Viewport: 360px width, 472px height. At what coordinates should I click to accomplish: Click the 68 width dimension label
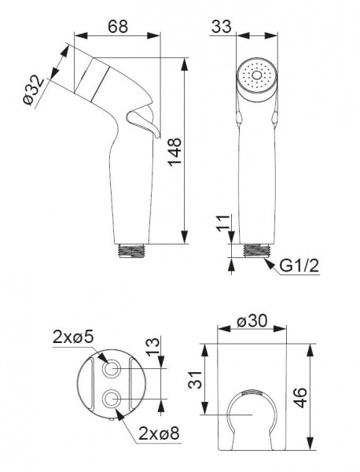[x=118, y=27]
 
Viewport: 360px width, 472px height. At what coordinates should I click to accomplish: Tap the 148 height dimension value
[x=174, y=151]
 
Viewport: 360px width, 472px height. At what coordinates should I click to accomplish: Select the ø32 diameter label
[x=34, y=90]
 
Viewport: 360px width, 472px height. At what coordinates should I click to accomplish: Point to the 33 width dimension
[x=222, y=26]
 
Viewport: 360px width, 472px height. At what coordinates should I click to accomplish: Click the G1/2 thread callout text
[x=299, y=266]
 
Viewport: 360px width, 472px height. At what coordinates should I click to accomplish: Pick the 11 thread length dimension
[x=223, y=223]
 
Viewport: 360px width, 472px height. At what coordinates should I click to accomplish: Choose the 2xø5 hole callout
[x=73, y=337]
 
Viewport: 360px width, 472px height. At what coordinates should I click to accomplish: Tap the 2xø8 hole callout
[x=159, y=433]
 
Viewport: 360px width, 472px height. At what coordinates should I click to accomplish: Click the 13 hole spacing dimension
[x=153, y=346]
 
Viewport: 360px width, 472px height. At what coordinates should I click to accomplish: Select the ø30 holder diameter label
[x=252, y=321]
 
